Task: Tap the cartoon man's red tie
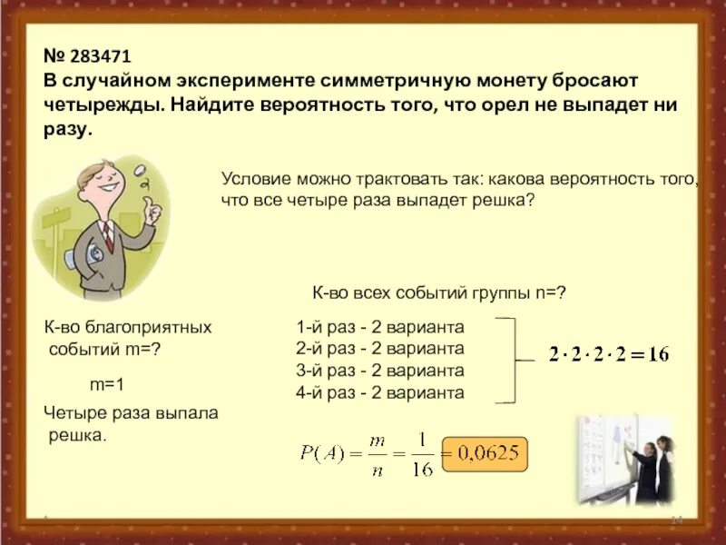tap(107, 234)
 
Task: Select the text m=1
tap(106, 384)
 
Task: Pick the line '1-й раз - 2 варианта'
tap(379, 327)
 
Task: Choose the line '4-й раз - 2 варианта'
tap(379, 392)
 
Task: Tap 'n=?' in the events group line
tap(551, 292)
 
